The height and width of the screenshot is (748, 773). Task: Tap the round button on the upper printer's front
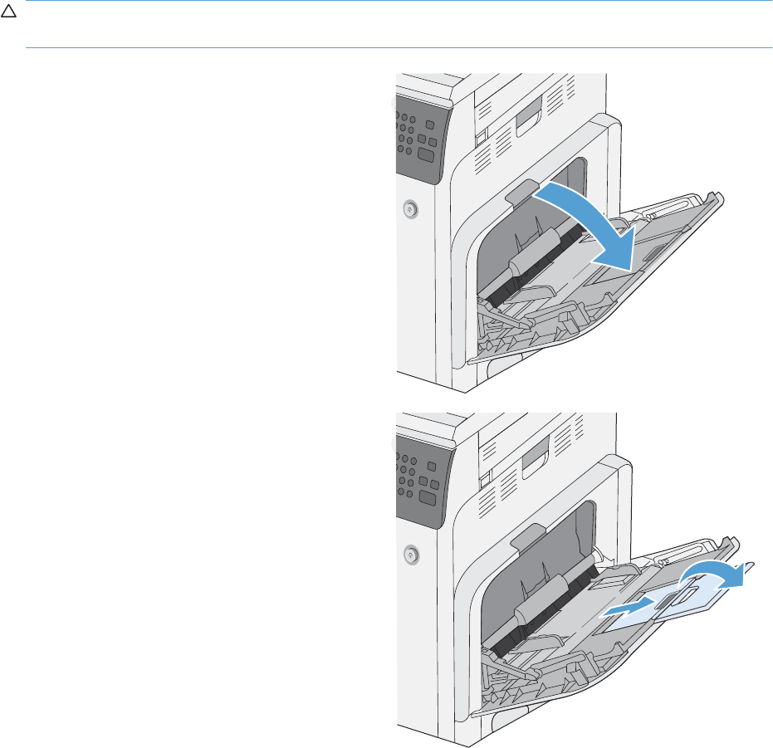click(x=410, y=211)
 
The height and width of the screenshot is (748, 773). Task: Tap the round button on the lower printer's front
click(x=410, y=554)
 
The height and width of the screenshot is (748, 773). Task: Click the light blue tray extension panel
click(x=664, y=606)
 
